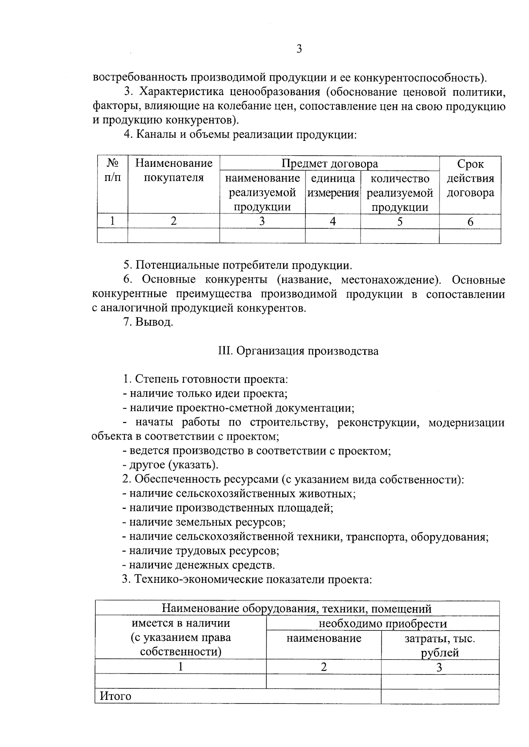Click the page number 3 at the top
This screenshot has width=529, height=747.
(x=299, y=49)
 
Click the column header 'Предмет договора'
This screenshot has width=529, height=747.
(x=329, y=164)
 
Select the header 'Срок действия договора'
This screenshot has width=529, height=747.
(x=470, y=178)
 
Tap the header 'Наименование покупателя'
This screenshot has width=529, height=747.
(x=174, y=171)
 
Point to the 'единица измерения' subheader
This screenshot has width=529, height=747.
(x=333, y=185)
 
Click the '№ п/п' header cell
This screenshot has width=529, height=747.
(x=112, y=171)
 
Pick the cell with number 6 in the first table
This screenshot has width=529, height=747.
(x=470, y=222)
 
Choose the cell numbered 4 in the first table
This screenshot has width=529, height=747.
(x=333, y=221)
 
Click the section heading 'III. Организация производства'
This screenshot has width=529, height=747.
(x=298, y=351)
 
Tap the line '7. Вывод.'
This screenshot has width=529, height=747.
(x=148, y=322)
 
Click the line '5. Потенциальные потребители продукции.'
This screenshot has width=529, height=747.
(x=237, y=265)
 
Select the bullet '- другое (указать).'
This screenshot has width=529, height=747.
(x=170, y=465)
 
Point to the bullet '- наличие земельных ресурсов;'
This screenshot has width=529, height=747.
(x=204, y=522)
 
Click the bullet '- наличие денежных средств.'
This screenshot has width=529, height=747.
(x=198, y=565)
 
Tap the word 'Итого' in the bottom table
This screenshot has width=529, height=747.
(x=115, y=696)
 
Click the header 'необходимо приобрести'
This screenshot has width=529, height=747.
(x=383, y=623)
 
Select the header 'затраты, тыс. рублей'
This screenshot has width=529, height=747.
(x=440, y=645)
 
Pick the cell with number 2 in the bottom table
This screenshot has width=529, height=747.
(x=324, y=667)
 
